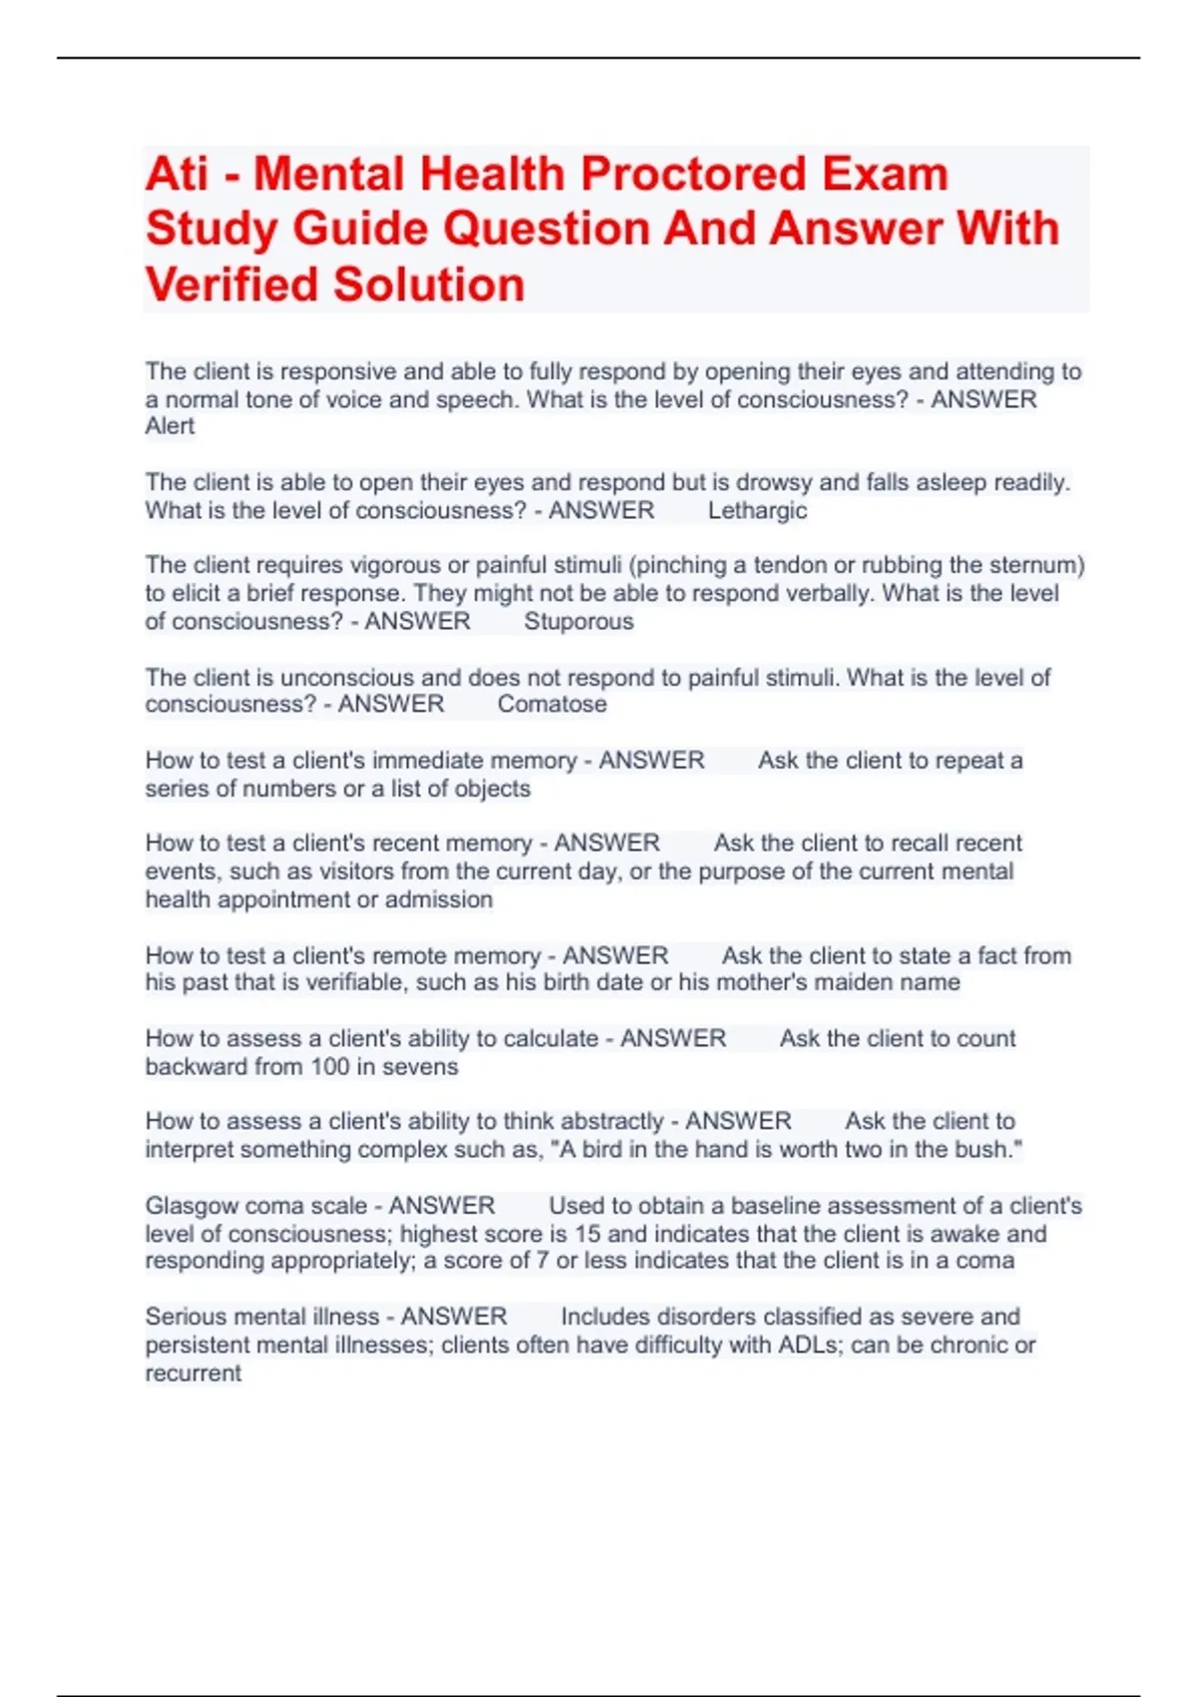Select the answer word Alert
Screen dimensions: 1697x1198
(170, 426)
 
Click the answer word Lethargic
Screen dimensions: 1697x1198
(757, 511)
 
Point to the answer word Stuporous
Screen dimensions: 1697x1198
(578, 622)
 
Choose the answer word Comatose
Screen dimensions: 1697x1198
(551, 705)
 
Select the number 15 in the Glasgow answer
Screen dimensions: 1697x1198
(587, 1234)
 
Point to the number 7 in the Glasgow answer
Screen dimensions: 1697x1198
(542, 1261)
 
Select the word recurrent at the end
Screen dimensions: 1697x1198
(193, 1374)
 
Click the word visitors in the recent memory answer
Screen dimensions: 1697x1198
(357, 871)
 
